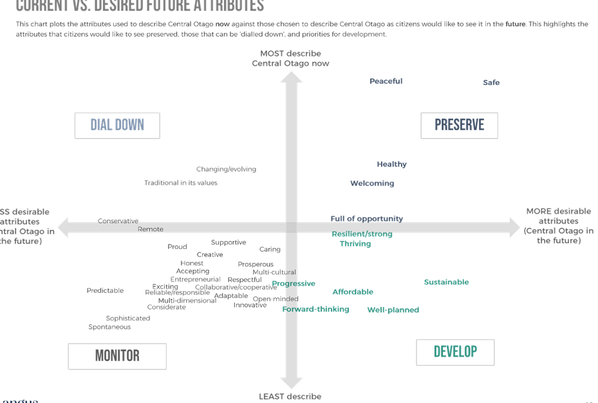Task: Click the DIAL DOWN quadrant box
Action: (117, 126)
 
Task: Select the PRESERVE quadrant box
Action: (459, 126)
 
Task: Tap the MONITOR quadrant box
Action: (117, 356)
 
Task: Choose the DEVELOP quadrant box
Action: (455, 352)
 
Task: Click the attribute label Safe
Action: (491, 83)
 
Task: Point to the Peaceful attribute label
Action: (386, 82)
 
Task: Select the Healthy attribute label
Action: (392, 164)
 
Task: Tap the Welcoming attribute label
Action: (372, 183)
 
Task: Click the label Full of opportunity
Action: (367, 219)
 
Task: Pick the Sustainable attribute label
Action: (446, 282)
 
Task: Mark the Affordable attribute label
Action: (353, 292)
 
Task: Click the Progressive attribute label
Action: (294, 283)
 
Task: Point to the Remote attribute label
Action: (151, 229)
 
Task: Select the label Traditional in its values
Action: (181, 183)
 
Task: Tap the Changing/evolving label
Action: (226, 169)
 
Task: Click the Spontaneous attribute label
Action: (109, 327)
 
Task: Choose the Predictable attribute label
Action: (105, 291)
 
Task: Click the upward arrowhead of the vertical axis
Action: (291, 77)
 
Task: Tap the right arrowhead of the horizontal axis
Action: (513, 227)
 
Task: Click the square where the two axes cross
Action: (291, 227)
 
